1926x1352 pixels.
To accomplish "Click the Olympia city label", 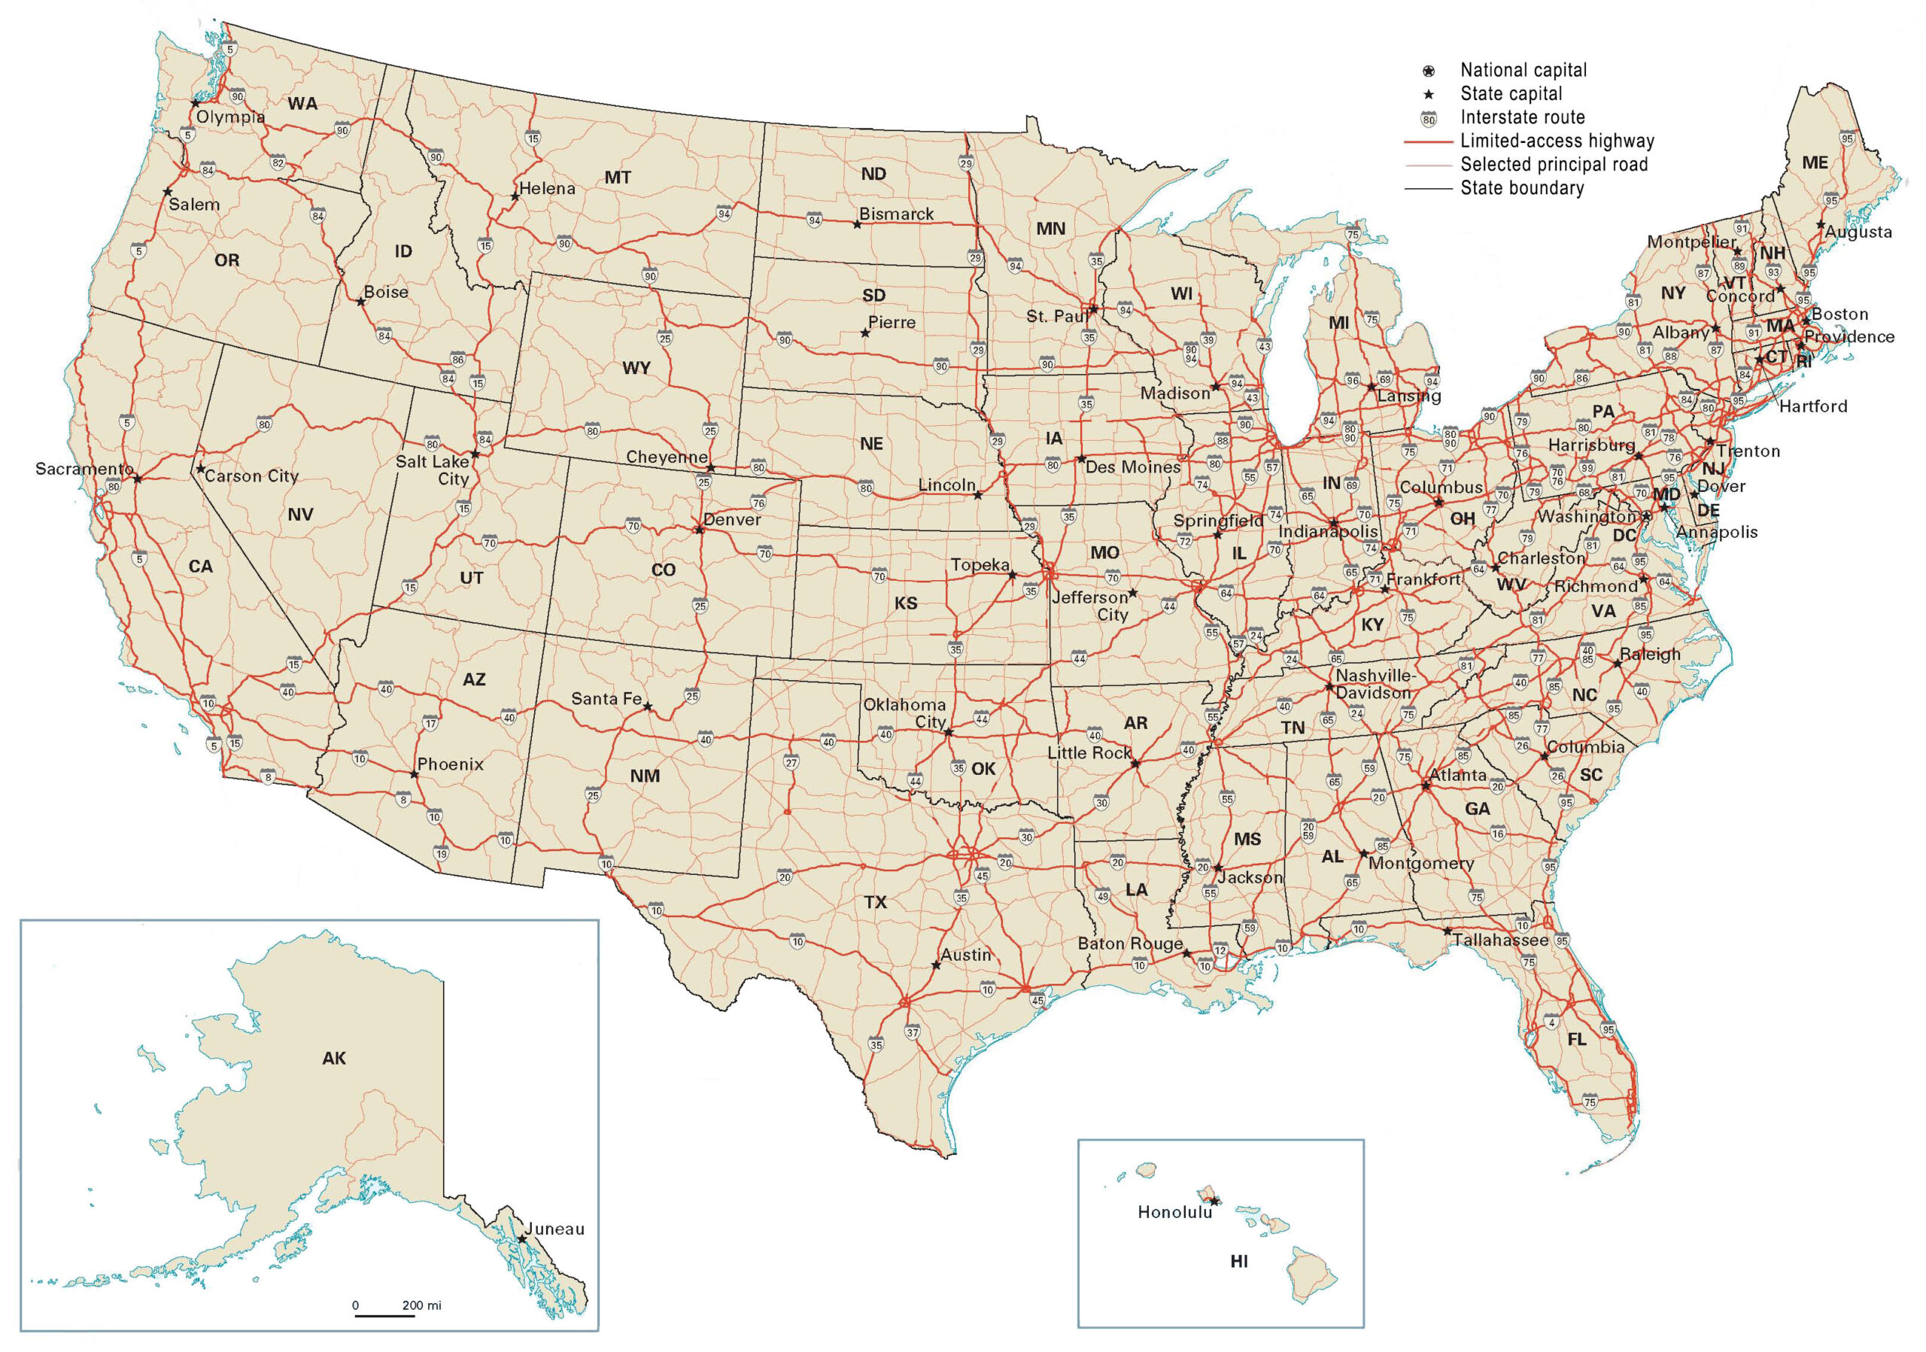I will click(230, 117).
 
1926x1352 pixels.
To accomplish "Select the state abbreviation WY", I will click(636, 367).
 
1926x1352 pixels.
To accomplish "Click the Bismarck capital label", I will click(896, 214).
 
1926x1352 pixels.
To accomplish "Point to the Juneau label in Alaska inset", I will click(554, 1229).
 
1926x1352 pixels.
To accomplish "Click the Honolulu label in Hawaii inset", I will click(1174, 1212).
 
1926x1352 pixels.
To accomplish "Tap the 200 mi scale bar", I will click(385, 1314).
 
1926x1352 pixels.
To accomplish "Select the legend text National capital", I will click(1523, 71).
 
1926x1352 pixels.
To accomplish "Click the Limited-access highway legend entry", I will click(1557, 141).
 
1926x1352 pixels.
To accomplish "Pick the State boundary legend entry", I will click(1522, 188).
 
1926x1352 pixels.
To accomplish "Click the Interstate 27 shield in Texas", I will click(791, 762).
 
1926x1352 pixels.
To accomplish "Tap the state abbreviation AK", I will click(334, 1059).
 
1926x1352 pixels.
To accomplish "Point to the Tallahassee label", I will click(1501, 940).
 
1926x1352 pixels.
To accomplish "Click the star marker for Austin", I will click(936, 965).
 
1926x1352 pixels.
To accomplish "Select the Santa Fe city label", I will click(606, 699).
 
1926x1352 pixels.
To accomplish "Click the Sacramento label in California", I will click(84, 469).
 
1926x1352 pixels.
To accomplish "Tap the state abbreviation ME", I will click(1815, 163).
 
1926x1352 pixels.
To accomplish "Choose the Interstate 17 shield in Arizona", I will click(430, 724).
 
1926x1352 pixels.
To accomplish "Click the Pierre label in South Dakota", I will click(892, 323).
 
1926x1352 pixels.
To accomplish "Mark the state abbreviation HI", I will click(1238, 1260).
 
